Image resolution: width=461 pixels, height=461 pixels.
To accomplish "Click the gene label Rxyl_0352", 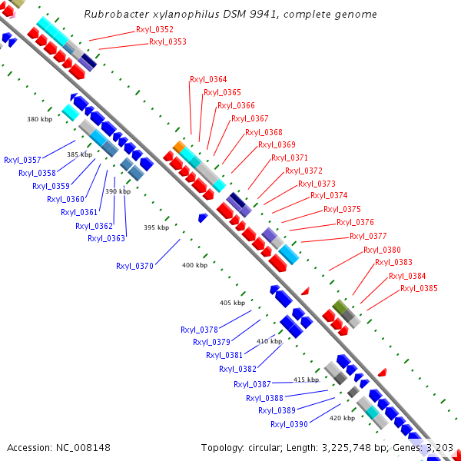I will coord(155,29).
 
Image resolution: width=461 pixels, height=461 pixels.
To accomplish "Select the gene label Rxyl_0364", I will coord(208,80).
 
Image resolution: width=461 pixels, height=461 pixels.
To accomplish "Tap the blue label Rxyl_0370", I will coord(135,266).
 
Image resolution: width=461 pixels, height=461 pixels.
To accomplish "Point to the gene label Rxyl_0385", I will coord(419,288).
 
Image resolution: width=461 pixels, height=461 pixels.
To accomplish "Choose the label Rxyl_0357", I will coord(23,160).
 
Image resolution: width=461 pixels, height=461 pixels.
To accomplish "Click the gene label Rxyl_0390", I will coord(289,424).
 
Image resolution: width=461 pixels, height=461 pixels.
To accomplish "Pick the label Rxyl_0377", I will coord(368,236).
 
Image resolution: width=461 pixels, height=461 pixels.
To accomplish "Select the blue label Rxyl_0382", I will coord(237,369).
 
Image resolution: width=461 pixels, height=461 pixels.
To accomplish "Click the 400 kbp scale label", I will coord(194,265).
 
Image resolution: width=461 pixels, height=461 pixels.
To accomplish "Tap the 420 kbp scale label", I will coord(342,419).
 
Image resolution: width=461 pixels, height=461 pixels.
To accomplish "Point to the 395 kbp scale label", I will coord(156,227).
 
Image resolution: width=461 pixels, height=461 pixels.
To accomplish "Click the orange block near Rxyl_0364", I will coord(179,146).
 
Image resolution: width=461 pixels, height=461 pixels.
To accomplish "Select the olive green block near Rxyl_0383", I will coord(337,307).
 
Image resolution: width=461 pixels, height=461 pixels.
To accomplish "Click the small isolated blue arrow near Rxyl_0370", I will coord(203,218).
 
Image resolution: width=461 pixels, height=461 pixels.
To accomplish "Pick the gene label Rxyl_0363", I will coord(106,238).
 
